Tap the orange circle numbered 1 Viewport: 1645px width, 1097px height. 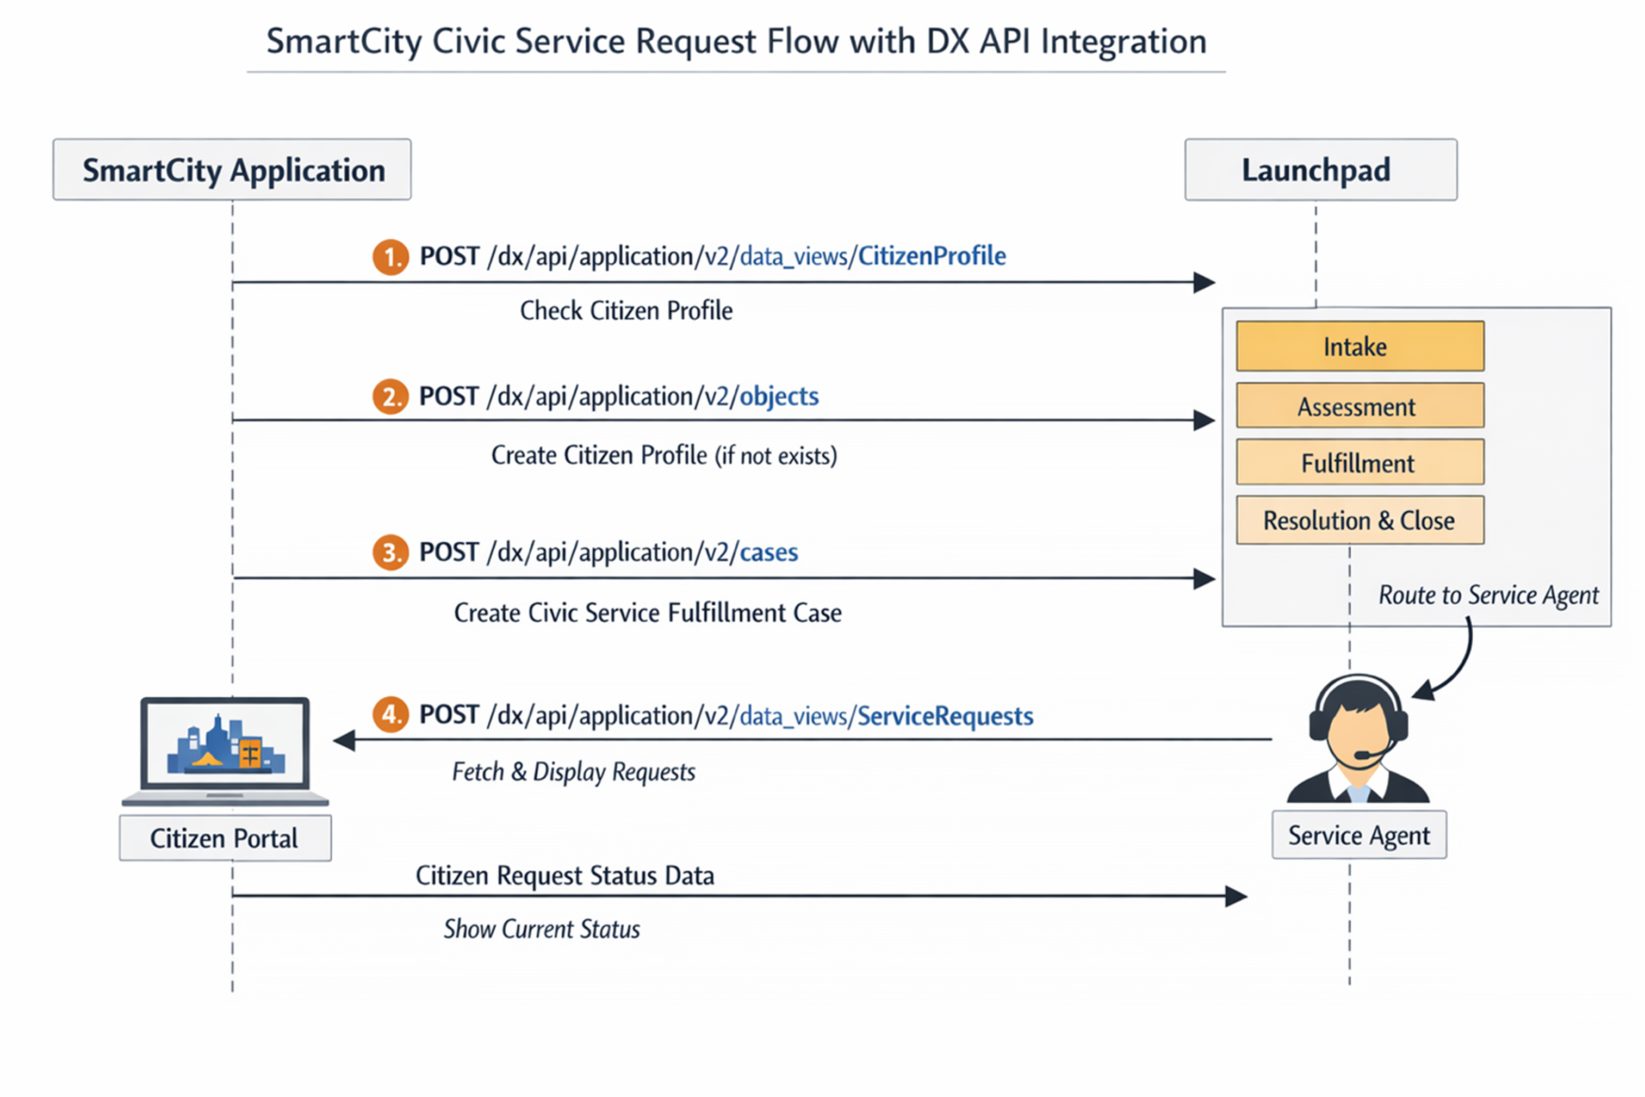tap(390, 257)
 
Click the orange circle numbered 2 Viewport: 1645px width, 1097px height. tap(390, 396)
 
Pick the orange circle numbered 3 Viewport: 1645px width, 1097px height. tap(390, 553)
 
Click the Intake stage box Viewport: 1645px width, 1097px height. tap(1359, 346)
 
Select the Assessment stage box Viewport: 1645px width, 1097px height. tap(1359, 406)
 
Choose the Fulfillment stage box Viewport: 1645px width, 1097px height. tap(1359, 462)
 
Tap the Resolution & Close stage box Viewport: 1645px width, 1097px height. tap(1359, 520)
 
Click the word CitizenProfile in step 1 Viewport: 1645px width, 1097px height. tap(932, 256)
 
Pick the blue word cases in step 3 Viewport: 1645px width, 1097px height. tap(768, 553)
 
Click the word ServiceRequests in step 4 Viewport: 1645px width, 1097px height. tap(945, 716)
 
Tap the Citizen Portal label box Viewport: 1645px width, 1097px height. tap(225, 838)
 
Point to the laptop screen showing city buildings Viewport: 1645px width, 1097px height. tap(225, 745)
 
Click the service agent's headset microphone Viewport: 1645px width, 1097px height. tap(1362, 755)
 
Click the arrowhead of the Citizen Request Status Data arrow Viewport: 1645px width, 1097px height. tap(1236, 896)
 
